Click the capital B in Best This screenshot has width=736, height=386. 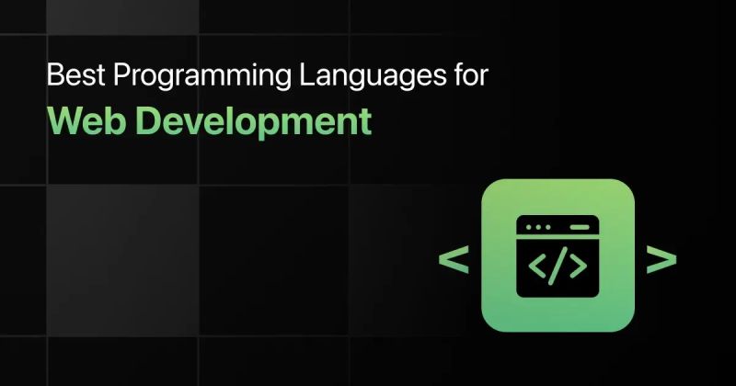(x=53, y=77)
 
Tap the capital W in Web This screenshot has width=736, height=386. (x=63, y=121)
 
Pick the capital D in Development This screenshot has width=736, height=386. (x=137, y=121)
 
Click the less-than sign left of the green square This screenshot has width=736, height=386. (x=453, y=260)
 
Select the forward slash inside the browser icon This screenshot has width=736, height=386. (x=558, y=266)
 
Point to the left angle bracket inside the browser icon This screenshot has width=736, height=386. (x=538, y=266)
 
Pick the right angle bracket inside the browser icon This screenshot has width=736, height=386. (x=577, y=266)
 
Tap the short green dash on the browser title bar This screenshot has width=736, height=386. (x=580, y=226)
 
